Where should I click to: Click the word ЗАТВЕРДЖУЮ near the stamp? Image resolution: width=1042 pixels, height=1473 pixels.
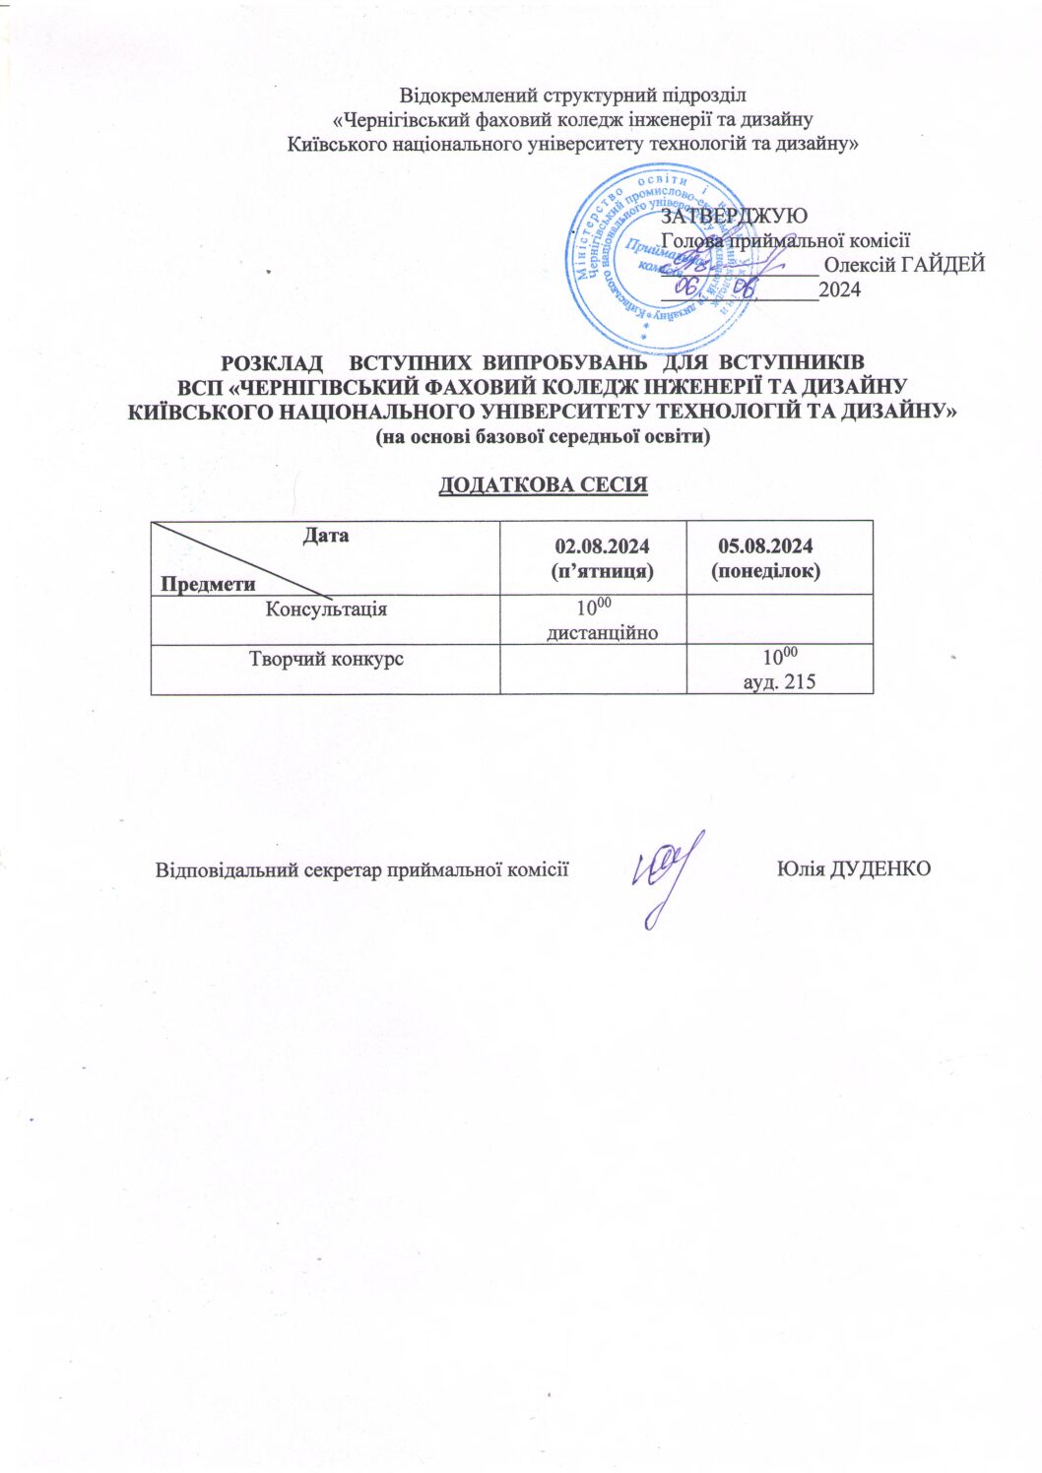735,216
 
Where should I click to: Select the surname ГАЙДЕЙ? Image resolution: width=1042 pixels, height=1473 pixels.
943,264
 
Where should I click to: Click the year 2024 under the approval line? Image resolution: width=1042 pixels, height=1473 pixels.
840,290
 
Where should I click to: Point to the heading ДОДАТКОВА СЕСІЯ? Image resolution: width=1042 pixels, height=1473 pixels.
543,485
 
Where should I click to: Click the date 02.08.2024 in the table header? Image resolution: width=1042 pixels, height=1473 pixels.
602,546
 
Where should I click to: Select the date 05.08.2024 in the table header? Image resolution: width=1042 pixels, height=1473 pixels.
765,546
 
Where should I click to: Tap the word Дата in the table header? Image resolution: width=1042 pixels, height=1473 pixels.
325,537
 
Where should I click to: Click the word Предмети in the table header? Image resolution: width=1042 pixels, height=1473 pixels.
208,584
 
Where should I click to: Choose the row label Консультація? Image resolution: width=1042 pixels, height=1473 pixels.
326,608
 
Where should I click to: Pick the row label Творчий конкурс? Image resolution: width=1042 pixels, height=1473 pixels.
326,659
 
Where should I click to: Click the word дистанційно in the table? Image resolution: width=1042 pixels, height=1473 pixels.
602,632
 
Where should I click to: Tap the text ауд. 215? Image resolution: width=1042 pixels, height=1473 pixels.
778,681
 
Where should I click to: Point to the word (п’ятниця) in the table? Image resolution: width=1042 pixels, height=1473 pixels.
602,570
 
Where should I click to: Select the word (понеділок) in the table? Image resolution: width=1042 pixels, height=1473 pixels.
765,570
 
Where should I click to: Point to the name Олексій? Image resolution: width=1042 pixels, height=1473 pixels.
859,264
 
